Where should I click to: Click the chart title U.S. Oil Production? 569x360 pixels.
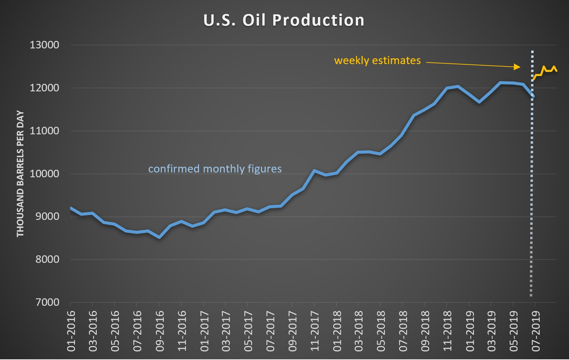tap(284, 20)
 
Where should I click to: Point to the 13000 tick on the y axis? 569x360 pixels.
tap(44, 45)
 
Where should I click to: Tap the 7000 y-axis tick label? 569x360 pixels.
tap(47, 302)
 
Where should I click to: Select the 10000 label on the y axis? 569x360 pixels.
tap(44, 174)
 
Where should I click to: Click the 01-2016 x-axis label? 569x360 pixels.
tap(71, 331)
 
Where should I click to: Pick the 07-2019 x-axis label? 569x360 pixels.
tap(536, 331)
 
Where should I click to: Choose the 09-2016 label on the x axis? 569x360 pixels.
tap(159, 331)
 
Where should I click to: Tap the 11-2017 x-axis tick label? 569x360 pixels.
tap(314, 331)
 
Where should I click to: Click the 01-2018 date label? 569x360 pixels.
tap(337, 331)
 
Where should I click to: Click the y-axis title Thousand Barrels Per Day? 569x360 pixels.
tap(20, 174)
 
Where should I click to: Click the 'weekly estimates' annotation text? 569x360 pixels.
tap(377, 61)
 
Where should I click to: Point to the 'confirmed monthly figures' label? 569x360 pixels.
tap(215, 169)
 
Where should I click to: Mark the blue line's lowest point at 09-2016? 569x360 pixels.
tap(159, 237)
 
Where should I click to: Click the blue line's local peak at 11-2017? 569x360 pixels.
tap(314, 170)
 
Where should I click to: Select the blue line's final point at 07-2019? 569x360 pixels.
tap(533, 96)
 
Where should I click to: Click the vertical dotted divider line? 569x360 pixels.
tap(532, 205)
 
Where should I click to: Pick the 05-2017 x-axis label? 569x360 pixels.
tap(248, 331)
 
